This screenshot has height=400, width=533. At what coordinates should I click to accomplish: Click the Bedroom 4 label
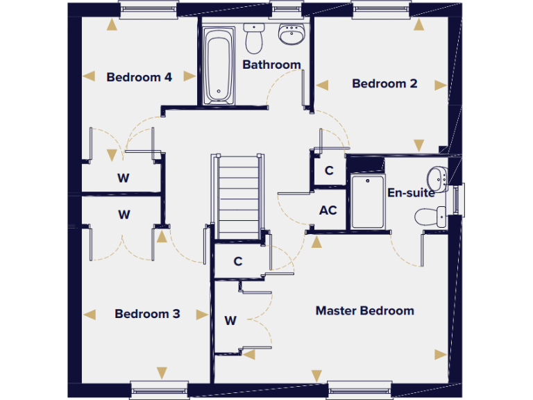[x=139, y=77]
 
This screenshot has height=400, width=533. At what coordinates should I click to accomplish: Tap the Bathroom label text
[x=271, y=65]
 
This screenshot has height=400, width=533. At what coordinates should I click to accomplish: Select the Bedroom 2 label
[x=384, y=83]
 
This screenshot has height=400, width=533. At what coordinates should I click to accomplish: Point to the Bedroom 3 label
[x=147, y=314]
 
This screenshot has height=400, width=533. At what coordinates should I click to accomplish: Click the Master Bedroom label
[x=364, y=310]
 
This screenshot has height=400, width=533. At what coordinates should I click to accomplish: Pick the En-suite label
[x=411, y=193]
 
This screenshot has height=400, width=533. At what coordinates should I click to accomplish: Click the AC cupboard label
[x=328, y=210]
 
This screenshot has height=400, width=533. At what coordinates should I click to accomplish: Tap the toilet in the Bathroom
[x=254, y=38]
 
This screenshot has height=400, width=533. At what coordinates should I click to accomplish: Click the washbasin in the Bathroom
[x=290, y=33]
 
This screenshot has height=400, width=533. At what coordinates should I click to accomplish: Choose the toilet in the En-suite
[x=430, y=217]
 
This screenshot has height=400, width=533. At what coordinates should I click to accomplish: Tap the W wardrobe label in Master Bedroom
[x=230, y=321]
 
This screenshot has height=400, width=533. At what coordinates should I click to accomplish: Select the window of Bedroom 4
[x=148, y=9]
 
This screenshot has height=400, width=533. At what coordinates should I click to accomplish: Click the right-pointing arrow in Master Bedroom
[x=440, y=355]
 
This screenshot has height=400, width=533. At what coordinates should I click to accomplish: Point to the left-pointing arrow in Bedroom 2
[x=322, y=85]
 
